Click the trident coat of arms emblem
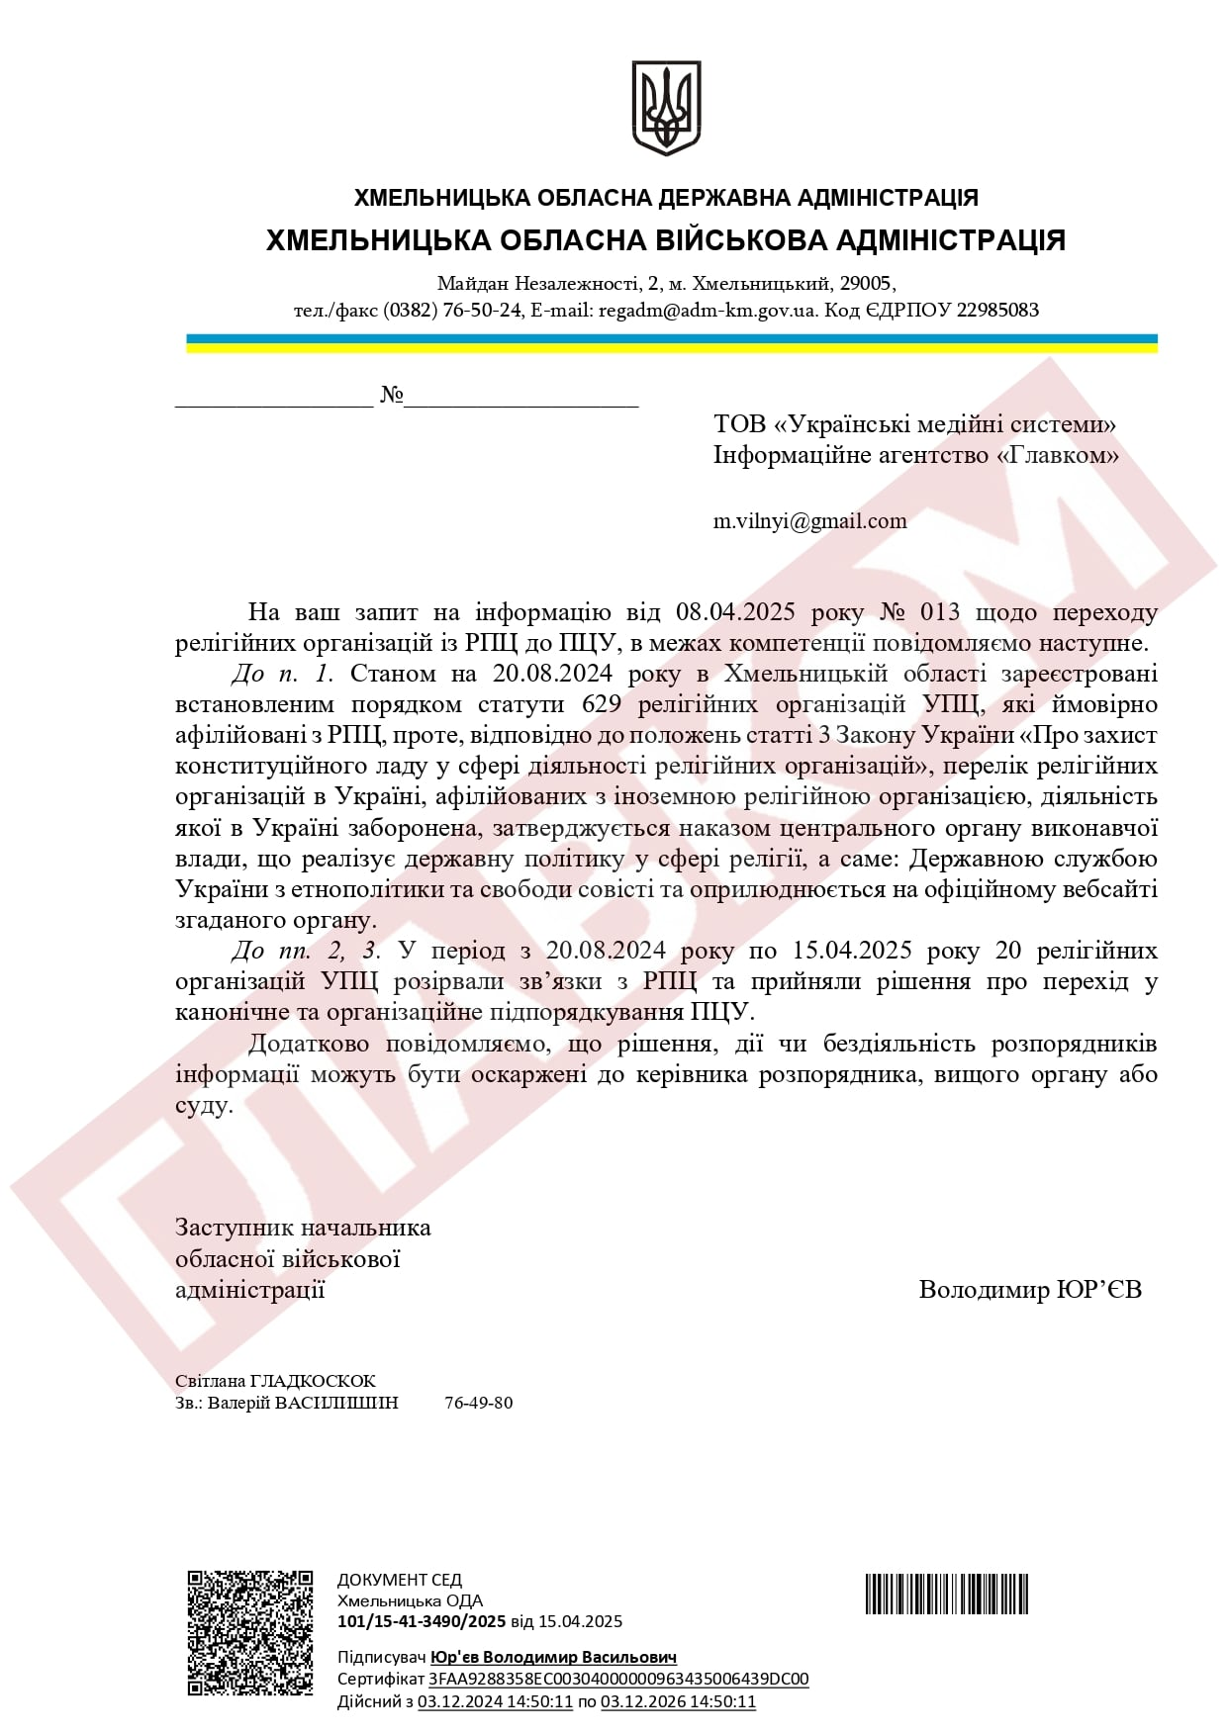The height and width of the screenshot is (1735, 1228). (x=666, y=107)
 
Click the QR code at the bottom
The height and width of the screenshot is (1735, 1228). (x=250, y=1632)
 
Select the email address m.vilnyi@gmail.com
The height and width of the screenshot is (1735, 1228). (x=809, y=521)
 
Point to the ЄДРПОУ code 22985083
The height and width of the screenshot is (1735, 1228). (x=997, y=311)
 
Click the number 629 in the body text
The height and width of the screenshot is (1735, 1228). (x=602, y=705)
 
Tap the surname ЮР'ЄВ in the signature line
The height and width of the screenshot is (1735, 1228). (x=1099, y=1290)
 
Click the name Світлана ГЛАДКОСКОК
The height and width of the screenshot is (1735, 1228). (x=275, y=1381)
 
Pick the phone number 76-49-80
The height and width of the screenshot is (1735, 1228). (x=479, y=1403)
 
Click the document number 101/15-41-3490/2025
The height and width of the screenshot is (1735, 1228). (x=422, y=1621)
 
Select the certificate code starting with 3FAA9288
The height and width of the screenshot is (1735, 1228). (x=618, y=1679)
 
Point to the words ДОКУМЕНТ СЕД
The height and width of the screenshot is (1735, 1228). (x=400, y=1580)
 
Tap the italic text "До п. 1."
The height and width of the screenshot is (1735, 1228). (x=283, y=675)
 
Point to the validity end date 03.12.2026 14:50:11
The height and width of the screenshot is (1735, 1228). (x=678, y=1701)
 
